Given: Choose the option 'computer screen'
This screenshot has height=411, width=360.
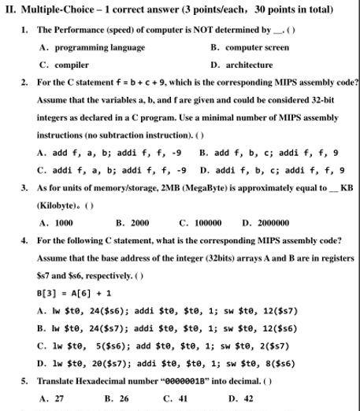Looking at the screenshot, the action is tap(257, 47).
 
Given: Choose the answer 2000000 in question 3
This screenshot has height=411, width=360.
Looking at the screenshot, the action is tap(271, 223).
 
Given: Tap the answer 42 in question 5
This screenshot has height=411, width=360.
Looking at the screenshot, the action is tap(247, 398).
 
